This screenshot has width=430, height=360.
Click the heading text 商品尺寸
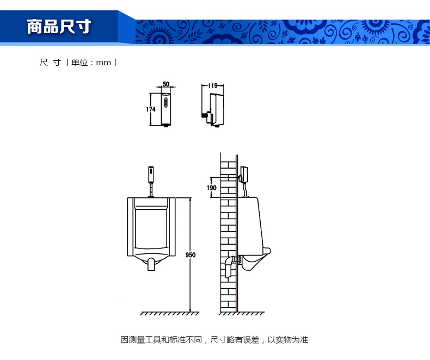click(x=59, y=27)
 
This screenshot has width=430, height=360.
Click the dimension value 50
click(x=166, y=84)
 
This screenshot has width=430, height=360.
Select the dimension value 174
click(x=151, y=109)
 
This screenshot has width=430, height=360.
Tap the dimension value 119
click(x=213, y=86)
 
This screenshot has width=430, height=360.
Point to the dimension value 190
click(x=211, y=188)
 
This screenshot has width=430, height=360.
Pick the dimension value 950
click(x=191, y=255)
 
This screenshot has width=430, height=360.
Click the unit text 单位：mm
click(x=91, y=63)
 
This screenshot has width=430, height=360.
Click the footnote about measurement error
click(x=214, y=340)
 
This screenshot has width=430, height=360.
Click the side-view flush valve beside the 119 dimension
click(x=213, y=110)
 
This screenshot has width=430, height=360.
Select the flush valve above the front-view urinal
click(x=151, y=175)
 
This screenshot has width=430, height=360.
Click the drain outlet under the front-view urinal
click(x=151, y=264)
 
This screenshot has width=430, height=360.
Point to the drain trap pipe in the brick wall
click(x=230, y=266)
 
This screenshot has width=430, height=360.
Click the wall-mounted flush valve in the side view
click(x=244, y=175)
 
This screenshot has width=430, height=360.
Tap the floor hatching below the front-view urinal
click(x=170, y=313)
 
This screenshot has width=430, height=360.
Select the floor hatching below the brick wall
click(x=242, y=313)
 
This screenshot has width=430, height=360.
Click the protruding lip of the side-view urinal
click(x=267, y=251)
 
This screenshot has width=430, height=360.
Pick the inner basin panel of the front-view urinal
click(x=151, y=229)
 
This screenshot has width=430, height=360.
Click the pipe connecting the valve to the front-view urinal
click(x=151, y=190)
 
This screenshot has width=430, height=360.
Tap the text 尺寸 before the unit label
click(x=50, y=63)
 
